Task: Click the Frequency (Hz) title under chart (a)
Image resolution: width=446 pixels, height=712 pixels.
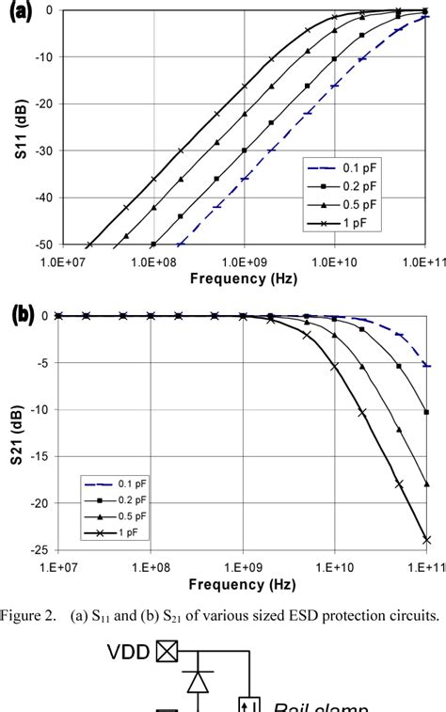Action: tap(243, 278)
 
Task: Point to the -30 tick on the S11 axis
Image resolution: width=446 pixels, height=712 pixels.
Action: tap(44, 150)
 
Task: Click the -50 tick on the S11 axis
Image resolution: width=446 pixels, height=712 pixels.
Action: tap(44, 245)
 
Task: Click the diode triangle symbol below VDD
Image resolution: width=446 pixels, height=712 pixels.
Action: tap(199, 685)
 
